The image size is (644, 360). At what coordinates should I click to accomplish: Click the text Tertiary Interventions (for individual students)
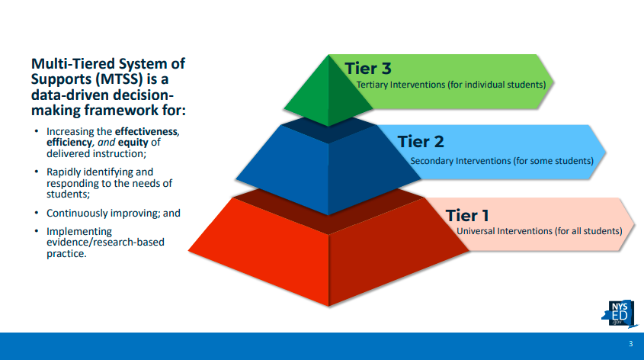(x=450, y=85)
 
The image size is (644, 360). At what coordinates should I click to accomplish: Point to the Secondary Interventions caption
(x=501, y=161)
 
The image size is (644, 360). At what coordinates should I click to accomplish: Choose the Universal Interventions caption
(x=539, y=230)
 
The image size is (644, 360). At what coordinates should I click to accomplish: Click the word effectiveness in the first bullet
(x=146, y=132)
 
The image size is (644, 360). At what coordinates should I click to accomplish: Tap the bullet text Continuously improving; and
(x=113, y=214)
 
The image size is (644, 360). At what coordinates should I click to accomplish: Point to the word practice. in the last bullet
(x=66, y=253)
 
